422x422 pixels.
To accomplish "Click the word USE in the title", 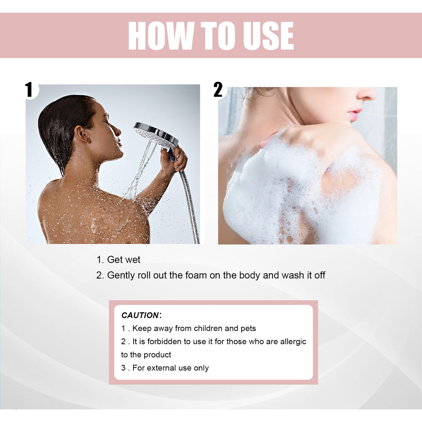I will [x=268, y=35].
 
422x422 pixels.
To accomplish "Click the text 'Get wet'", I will [x=123, y=260].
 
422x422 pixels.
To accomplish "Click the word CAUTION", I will [x=140, y=315].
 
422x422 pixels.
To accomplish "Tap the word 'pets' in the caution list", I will [x=248, y=328].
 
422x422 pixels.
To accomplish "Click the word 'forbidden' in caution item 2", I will [x=164, y=342].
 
